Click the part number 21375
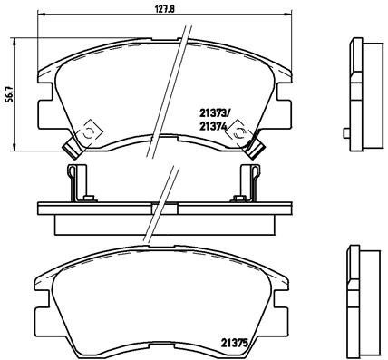tap(234, 343)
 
